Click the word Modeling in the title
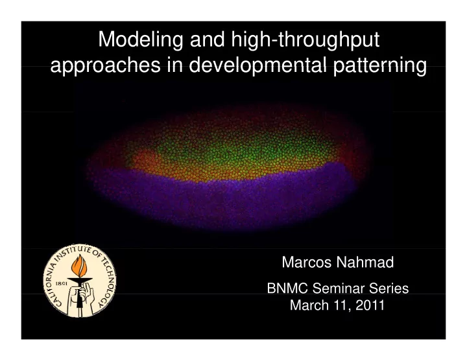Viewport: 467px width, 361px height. pyautogui.click(x=141, y=40)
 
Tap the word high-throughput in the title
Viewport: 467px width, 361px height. pyautogui.click(x=305, y=40)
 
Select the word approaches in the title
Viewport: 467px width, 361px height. pyautogui.click(x=106, y=65)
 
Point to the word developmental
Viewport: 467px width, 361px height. pyautogui.click(x=257, y=65)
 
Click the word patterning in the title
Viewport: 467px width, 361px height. pyautogui.click(x=379, y=65)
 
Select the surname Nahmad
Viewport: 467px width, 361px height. pyautogui.click(x=365, y=262)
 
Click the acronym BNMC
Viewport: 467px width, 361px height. pyautogui.click(x=287, y=288)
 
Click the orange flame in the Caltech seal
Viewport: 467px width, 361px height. pyautogui.click(x=79, y=266)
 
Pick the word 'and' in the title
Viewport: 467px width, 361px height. pyautogui.click(x=208, y=40)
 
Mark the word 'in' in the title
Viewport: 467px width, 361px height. pyautogui.click(x=175, y=65)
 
